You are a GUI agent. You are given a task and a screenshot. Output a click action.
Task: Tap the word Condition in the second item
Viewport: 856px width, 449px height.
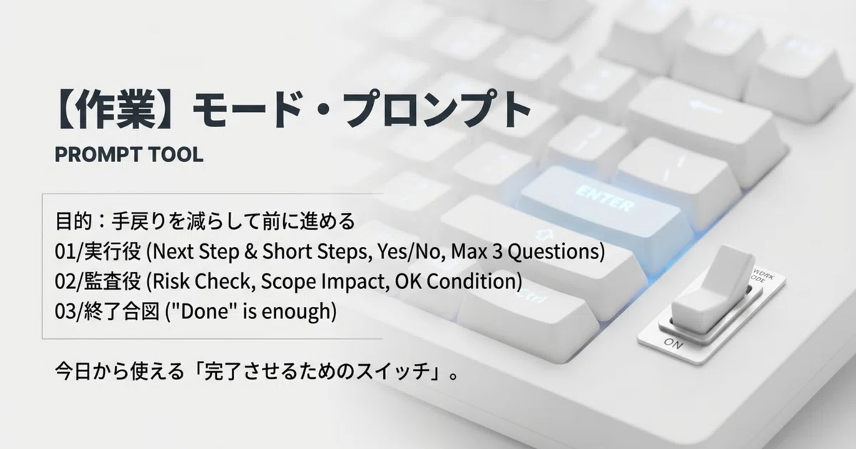point(471,281)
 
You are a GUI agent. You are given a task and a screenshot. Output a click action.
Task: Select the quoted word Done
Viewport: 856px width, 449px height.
point(205,311)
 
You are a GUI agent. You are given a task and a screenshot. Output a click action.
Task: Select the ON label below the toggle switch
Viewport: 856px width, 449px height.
point(673,343)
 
